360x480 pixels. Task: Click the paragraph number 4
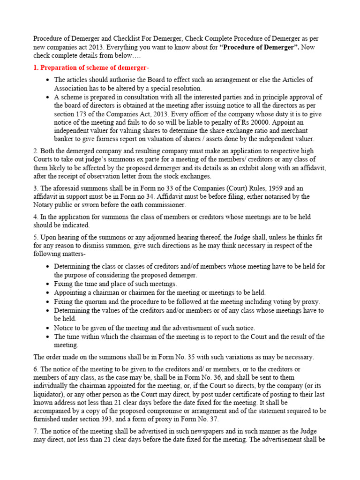pos(36,217)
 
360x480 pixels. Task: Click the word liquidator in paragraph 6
pos(50,395)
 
